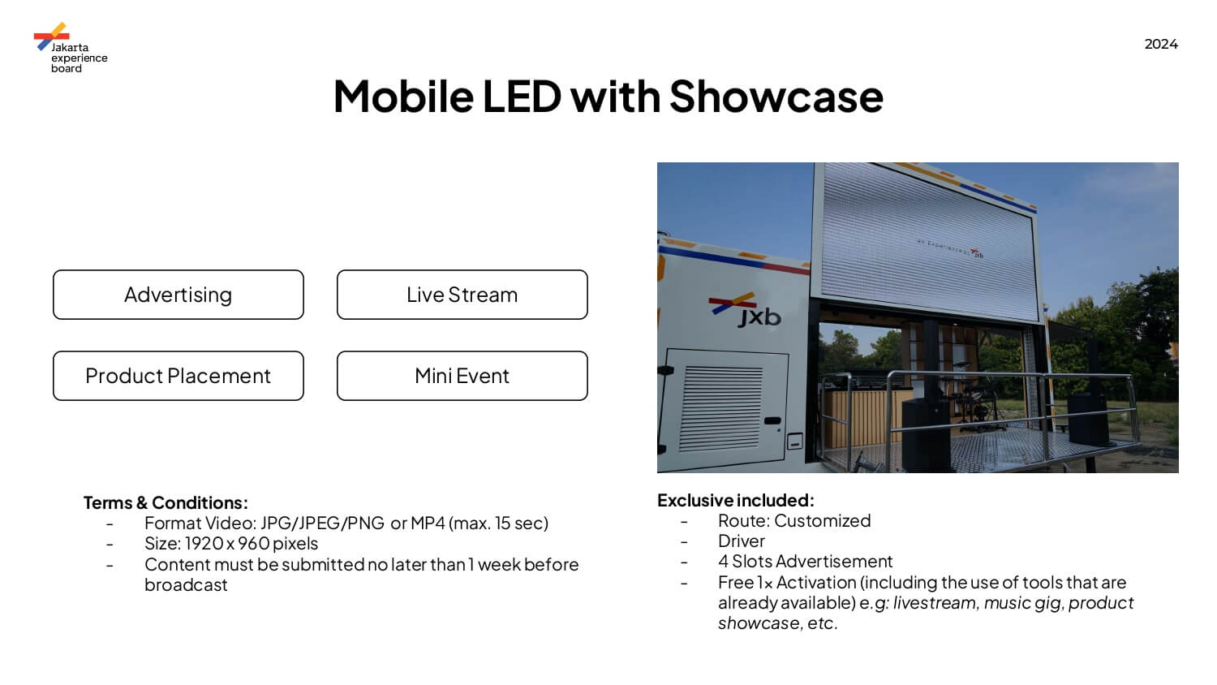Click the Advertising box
coord(178,295)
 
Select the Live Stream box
coord(462,295)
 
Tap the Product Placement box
coord(178,376)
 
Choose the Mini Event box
coord(462,376)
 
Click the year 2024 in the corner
coord(1161,44)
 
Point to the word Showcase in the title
coord(776,97)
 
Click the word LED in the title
coord(522,97)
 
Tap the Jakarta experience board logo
coord(70,48)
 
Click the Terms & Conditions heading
coord(166,502)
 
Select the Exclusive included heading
coord(736,500)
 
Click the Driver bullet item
coord(742,541)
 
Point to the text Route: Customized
coord(794,521)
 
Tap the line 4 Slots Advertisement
coord(805,561)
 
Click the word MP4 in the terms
coord(428,523)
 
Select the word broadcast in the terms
coord(186,585)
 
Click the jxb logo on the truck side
coord(745,310)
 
